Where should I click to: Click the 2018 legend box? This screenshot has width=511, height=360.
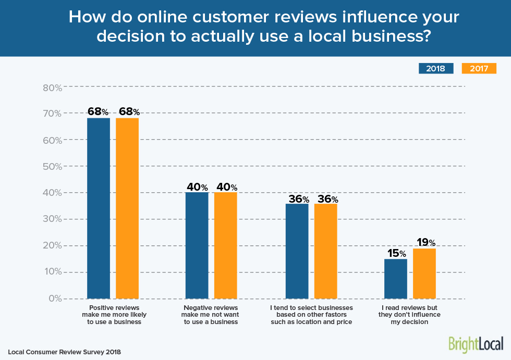coord(436,68)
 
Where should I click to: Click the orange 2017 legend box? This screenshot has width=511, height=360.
coord(479,68)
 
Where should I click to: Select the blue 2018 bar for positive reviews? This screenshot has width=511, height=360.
coord(99,208)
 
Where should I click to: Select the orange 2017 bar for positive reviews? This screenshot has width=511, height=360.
coord(127,208)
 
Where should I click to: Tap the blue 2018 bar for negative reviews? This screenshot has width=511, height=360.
coord(197,245)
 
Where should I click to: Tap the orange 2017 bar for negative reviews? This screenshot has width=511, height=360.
coord(226,245)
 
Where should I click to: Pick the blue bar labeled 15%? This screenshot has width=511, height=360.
coord(395,279)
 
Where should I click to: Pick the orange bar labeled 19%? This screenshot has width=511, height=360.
coord(424,274)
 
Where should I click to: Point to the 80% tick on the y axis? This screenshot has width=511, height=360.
coord(52,88)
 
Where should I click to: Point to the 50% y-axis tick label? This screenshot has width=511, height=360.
coord(52,167)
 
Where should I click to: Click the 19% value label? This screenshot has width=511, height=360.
coord(424,242)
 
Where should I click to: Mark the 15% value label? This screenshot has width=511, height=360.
coord(396,253)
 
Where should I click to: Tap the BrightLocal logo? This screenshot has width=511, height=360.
coord(476,344)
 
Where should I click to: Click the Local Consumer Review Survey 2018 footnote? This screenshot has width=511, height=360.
coord(64,352)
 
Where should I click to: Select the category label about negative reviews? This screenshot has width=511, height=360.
coord(211,315)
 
